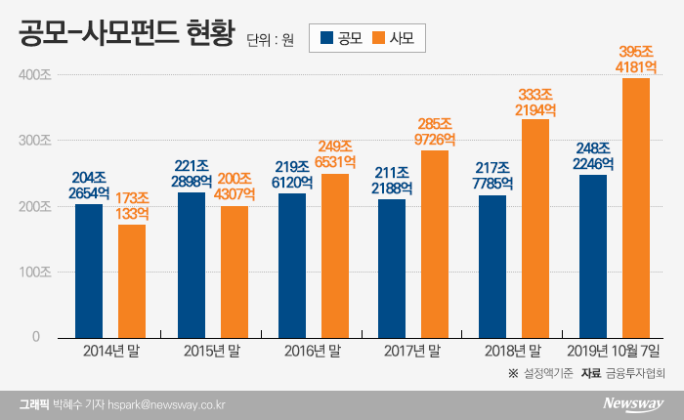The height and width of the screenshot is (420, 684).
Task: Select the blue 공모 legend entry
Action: (x=339, y=39)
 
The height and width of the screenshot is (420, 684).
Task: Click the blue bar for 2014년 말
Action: (x=89, y=270)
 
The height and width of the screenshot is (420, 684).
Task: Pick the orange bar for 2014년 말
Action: (x=132, y=280)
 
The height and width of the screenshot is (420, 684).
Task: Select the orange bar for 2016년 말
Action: (x=334, y=255)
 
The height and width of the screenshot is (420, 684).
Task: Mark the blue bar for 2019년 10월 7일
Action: (x=593, y=255)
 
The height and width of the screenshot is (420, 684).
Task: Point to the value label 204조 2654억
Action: (x=89, y=185)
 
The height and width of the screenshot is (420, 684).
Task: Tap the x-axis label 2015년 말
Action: (x=212, y=349)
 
